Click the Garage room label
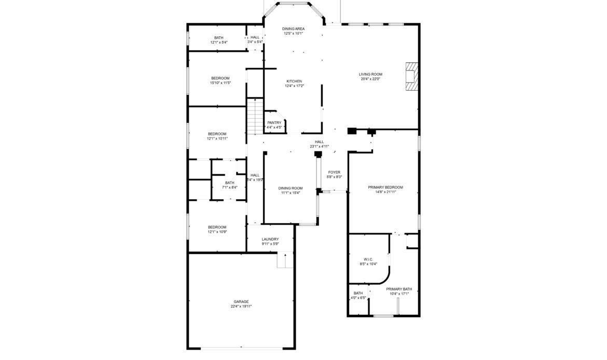point(241,301)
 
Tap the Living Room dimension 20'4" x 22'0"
point(370,79)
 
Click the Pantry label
point(274,122)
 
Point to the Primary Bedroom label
point(385,187)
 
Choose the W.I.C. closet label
point(368,259)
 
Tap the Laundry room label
point(270,239)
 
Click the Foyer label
point(334,172)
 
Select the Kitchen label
point(294,81)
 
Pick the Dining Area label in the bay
point(293,29)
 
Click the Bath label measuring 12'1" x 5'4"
point(219,37)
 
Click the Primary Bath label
point(399,289)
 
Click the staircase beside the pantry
point(253,117)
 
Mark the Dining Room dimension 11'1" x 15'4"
point(291,192)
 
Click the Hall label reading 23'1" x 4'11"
point(319,146)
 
